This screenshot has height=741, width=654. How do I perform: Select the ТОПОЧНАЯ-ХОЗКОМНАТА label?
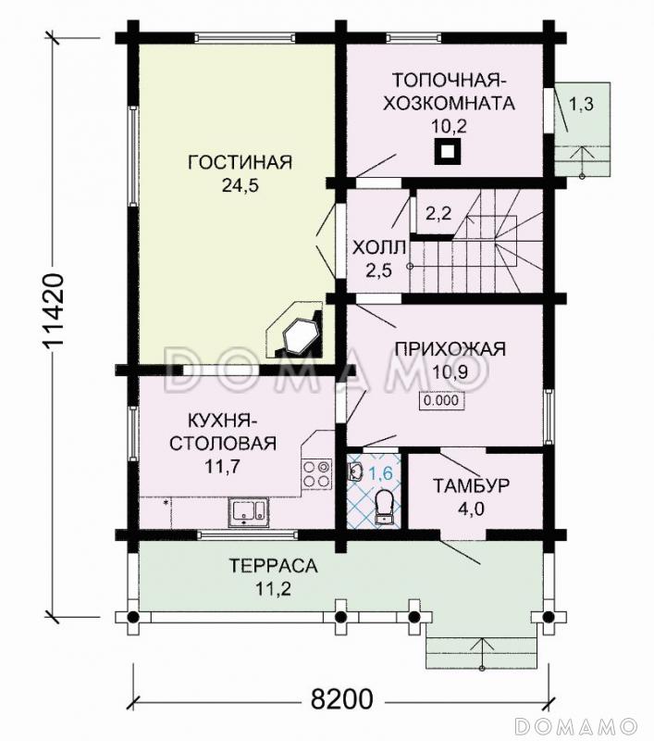point(452,91)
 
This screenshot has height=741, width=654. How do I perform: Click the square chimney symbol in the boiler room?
point(449,151)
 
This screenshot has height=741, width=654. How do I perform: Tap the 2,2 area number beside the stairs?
point(438,214)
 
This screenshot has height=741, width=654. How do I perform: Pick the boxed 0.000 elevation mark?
point(442,402)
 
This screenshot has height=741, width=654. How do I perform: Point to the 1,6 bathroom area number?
point(381,474)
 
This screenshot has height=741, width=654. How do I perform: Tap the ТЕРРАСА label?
point(274,565)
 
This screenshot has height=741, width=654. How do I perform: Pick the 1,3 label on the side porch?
point(581,104)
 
